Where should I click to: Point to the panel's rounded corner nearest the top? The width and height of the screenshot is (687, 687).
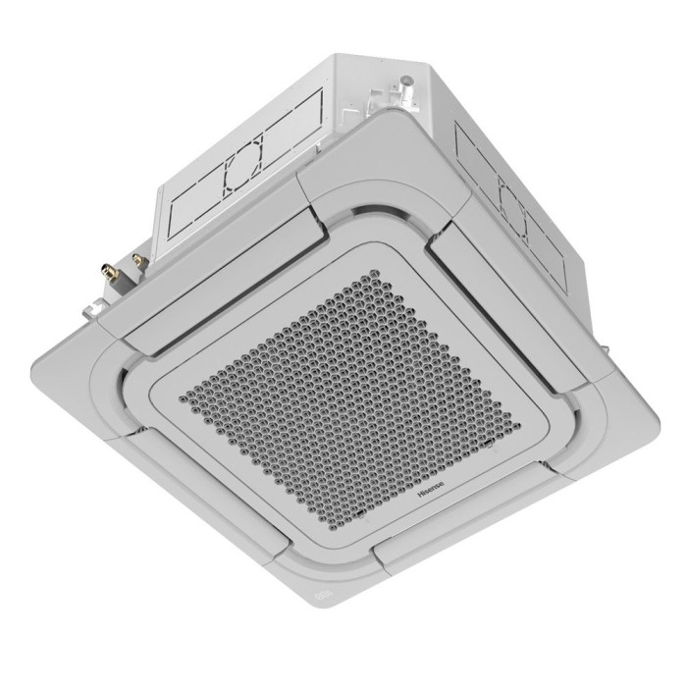coord(378,123)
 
